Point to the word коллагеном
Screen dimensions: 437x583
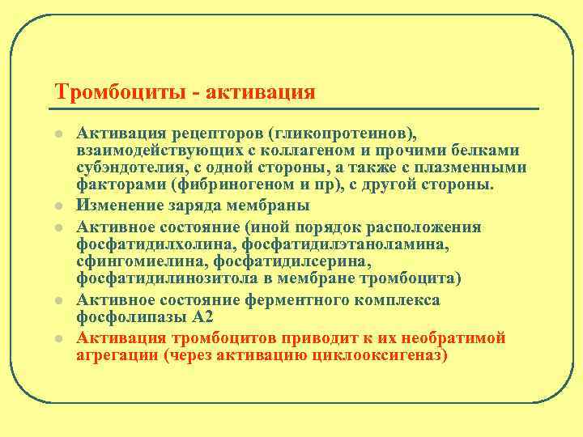tap(323, 151)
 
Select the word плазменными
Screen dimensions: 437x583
tap(477, 168)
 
